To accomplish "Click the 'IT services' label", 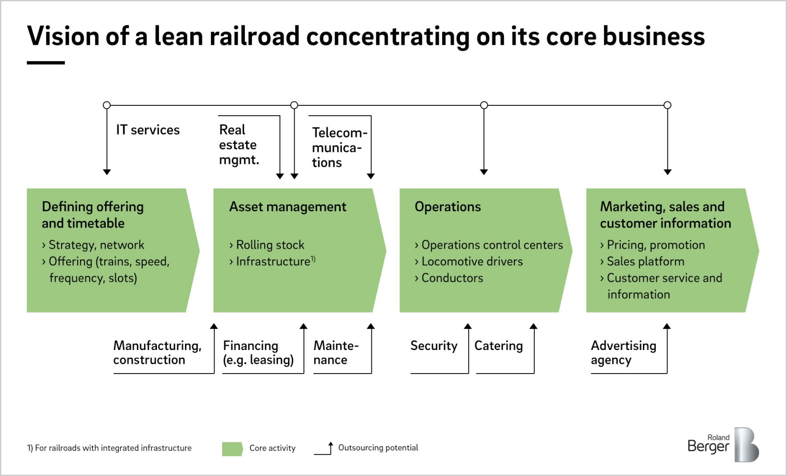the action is point(148,130).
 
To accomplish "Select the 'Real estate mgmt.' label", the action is point(239,145).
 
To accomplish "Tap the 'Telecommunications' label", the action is point(339,148).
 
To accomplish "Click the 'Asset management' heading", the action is point(287,207).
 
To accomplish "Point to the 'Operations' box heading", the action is point(448,207).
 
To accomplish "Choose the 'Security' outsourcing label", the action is point(434,346).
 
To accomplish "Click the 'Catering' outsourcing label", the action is point(499,346).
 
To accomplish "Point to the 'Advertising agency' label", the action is point(623,352).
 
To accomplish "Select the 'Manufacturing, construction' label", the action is point(157,352).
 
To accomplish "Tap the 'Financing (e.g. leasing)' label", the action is point(258,352).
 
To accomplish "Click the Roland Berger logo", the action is point(723,444).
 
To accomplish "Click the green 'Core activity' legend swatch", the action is point(232,449).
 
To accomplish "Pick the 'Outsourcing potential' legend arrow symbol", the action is point(324,448).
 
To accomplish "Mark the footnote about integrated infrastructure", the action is point(109,448).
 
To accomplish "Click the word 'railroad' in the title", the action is point(254,36).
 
